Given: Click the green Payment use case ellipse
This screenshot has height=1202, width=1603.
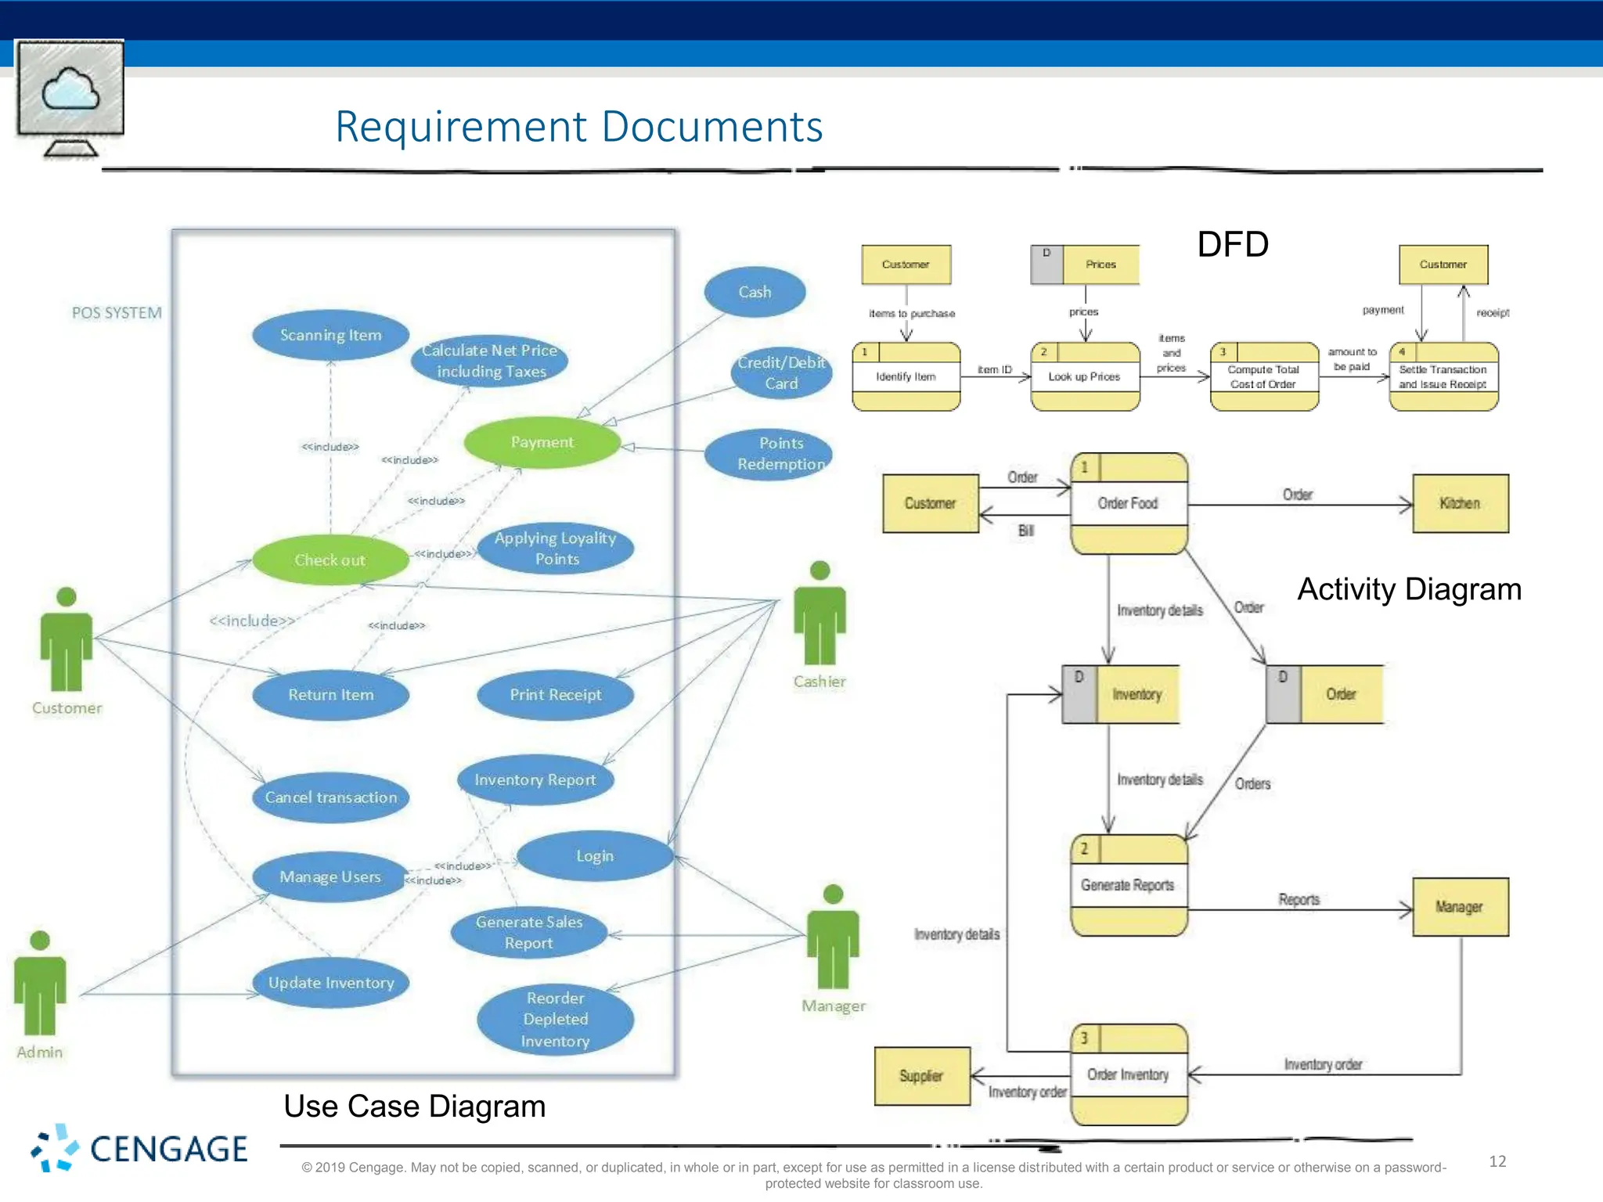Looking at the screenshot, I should pos(542,442).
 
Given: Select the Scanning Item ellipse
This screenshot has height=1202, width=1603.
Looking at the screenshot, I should pos(330,335).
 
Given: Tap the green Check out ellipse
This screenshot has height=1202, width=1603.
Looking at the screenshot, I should pos(330,560).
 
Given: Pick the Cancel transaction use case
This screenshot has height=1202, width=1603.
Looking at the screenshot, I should pos(330,797).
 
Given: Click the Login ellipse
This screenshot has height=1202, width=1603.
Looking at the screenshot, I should pos(595,855).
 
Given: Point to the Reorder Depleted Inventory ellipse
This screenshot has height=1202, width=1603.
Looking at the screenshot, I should pos(555,1019).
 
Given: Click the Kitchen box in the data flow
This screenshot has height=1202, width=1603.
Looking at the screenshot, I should pos(1460,503).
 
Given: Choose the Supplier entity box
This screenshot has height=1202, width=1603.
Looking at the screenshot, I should pos(922,1076).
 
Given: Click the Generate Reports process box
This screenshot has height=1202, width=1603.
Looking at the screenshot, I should pos(1128,885).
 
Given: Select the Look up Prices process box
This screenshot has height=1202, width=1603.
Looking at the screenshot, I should pos(1085,376).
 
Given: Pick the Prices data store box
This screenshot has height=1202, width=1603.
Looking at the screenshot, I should pos(1085,265).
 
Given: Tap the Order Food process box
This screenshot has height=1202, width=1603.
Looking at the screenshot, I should pos(1128,503).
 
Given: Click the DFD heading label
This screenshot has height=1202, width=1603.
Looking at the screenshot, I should pos(1232,244).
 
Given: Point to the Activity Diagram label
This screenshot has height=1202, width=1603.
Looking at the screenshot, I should pos(1409,589).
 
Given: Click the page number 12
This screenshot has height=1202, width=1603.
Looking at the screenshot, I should pos(1497,1161).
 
